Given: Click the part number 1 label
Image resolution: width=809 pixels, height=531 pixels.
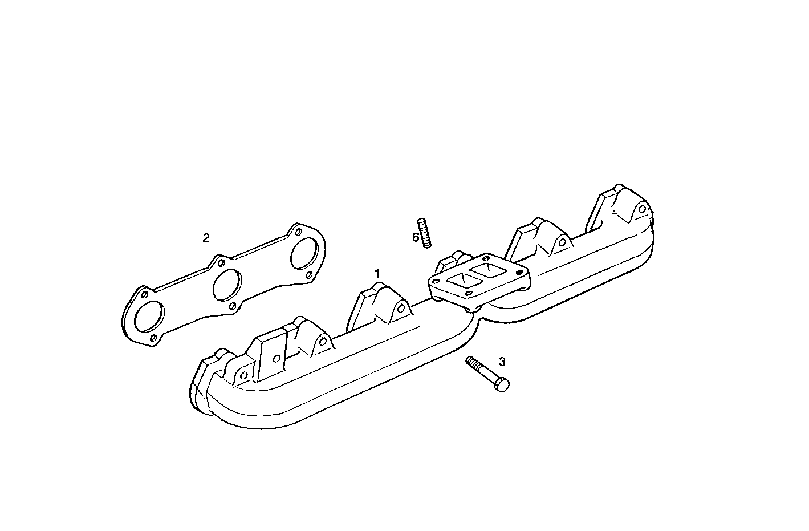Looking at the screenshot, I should (376, 273).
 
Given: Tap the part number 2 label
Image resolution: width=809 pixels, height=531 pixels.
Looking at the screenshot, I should (206, 238).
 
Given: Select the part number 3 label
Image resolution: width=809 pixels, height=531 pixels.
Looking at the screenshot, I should (502, 362).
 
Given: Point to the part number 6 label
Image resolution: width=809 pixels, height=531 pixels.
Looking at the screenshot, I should (416, 237).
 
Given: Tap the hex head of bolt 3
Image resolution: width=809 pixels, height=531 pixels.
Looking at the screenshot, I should (502, 386).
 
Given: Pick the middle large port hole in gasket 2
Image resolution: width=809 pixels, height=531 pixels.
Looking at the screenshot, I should (226, 283).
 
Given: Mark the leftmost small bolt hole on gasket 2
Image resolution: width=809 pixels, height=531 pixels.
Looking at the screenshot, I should (144, 294).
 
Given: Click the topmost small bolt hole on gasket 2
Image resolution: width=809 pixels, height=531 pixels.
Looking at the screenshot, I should (298, 231).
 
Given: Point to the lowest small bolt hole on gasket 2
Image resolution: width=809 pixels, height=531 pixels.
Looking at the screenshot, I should (154, 338).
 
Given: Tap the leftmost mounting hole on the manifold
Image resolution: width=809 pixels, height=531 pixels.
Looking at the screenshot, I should (243, 375).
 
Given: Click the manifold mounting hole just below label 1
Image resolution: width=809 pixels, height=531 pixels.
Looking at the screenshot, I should (403, 309).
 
